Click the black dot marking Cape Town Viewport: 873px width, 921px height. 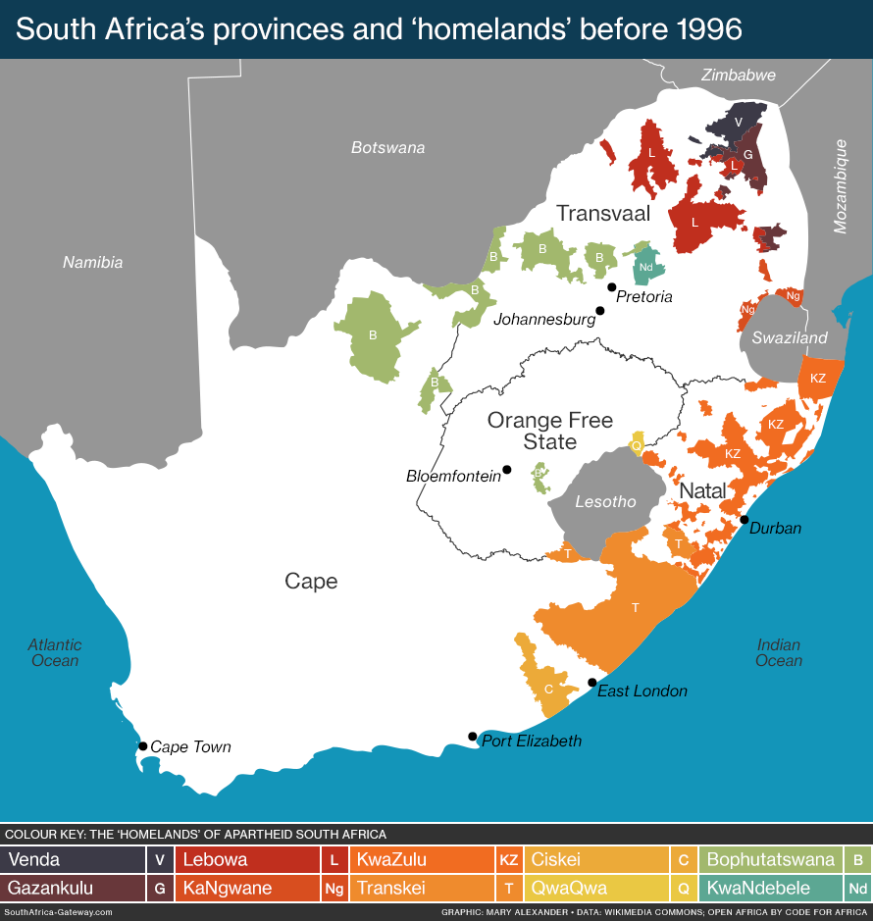(142, 746)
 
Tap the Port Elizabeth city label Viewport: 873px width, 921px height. (532, 741)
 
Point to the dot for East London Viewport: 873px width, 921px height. (591, 683)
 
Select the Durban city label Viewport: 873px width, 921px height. (775, 528)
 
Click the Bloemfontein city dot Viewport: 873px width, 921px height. (507, 469)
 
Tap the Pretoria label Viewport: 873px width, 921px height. (643, 296)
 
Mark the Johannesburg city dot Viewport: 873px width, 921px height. (600, 311)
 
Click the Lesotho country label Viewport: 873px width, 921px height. (605, 501)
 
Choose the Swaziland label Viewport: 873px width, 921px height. (790, 337)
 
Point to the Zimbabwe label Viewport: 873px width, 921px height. (739, 75)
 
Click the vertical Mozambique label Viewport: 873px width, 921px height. (840, 186)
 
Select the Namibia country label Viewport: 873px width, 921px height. (92, 262)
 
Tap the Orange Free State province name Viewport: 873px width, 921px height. (550, 431)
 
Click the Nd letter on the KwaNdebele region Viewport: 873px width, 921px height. (645, 266)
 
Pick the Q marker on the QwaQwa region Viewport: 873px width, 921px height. (637, 444)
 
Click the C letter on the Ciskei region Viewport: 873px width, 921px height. (548, 688)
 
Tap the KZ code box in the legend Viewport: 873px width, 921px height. (508, 860)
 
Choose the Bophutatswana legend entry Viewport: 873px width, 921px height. (771, 860)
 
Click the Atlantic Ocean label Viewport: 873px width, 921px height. (55, 652)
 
